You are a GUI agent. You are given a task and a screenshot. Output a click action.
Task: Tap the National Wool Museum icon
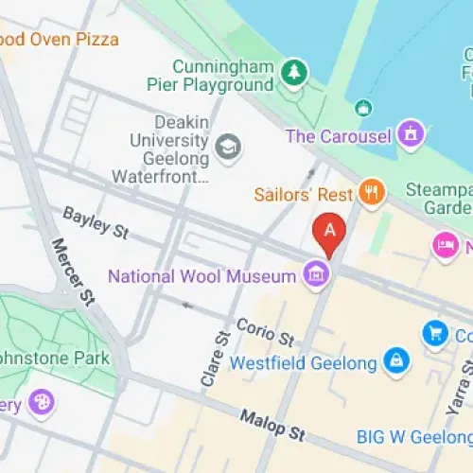tap(316, 275)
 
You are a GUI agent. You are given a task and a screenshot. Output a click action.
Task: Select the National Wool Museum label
tap(202, 276)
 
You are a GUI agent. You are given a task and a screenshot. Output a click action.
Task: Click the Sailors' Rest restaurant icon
tap(373, 193)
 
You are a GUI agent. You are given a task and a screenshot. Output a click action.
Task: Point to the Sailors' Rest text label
tap(304, 194)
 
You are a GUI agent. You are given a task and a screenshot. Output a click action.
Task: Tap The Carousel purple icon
tap(410, 135)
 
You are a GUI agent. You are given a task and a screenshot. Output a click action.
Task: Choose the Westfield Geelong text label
tap(304, 360)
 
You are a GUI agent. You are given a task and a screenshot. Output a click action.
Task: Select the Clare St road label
tap(215, 359)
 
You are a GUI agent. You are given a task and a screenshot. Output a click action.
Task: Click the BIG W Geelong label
tap(414, 436)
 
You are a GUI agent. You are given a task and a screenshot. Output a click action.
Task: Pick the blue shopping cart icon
tap(434, 333)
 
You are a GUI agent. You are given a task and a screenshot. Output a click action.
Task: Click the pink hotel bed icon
tap(444, 246)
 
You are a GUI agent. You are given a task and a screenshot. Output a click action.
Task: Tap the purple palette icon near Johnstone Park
tap(41, 403)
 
